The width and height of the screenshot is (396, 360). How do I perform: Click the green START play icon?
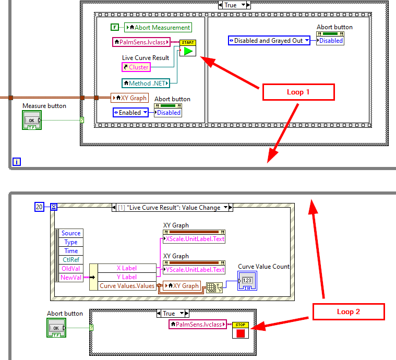188,51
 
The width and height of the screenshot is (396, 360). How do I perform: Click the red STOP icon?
241,332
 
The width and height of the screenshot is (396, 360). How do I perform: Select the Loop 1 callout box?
298,92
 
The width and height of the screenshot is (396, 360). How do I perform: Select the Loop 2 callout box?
348,311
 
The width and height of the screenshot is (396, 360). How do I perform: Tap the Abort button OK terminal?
56,327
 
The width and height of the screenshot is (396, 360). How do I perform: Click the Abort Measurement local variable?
158,27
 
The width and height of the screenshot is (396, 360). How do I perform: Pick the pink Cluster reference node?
136,67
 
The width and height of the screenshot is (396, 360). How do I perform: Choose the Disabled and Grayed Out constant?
269,40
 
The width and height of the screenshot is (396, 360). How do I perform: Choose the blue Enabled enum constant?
130,112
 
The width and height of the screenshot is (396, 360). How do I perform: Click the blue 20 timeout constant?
39,207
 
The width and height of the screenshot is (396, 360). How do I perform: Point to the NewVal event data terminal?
71,277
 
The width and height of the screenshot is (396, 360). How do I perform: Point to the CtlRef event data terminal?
71,259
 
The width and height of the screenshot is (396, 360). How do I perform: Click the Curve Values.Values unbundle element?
127,285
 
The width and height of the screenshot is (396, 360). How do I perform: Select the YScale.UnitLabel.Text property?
194,269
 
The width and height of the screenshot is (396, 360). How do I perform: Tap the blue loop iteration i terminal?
17,162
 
